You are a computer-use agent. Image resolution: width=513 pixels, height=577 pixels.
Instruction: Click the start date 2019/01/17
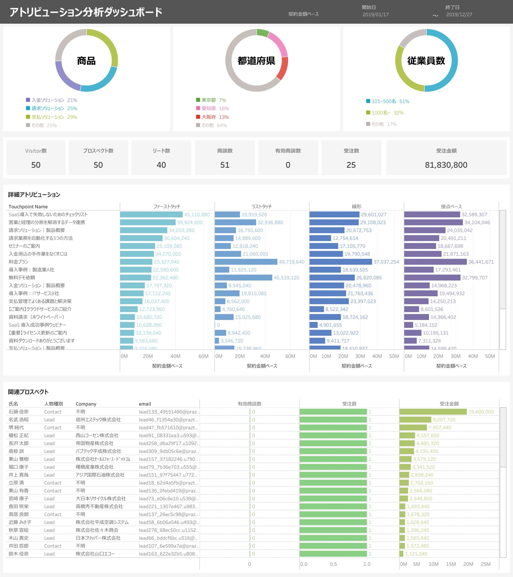point(375,15)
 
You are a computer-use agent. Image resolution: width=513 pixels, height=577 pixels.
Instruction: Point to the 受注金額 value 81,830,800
point(446,165)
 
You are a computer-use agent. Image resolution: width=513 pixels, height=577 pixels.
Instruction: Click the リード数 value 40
point(161,165)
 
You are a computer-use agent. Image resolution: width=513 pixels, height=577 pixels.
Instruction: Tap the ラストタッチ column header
point(261,207)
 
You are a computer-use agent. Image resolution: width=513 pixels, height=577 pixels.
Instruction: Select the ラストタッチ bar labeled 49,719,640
point(246,262)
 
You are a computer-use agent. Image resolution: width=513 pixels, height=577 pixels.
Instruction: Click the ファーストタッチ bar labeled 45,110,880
point(151,215)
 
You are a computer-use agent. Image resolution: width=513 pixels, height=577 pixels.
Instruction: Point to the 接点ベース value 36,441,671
point(481,262)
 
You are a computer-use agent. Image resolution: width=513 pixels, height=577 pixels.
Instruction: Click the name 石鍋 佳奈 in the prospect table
point(19,412)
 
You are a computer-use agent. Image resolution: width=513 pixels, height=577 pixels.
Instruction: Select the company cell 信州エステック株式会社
point(98,420)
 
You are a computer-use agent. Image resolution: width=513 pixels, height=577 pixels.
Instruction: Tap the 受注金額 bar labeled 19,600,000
point(433,412)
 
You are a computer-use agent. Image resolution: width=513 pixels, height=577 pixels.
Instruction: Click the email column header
point(145,404)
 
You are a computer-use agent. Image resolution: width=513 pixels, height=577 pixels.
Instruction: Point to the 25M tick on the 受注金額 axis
point(485,564)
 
